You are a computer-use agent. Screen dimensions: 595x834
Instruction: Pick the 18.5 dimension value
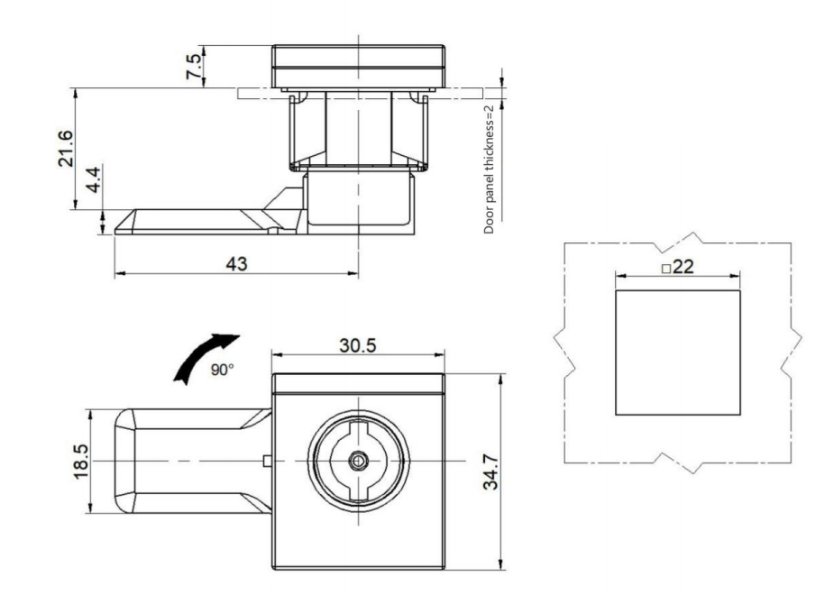[82, 461]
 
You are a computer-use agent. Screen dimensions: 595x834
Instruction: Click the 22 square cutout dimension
[682, 268]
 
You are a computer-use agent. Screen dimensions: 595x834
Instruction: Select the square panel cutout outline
[677, 352]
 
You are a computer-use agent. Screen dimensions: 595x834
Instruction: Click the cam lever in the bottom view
[180, 461]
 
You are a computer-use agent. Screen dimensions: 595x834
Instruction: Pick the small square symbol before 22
[664, 269]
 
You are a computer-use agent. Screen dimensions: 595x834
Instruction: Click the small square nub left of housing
[267, 461]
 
